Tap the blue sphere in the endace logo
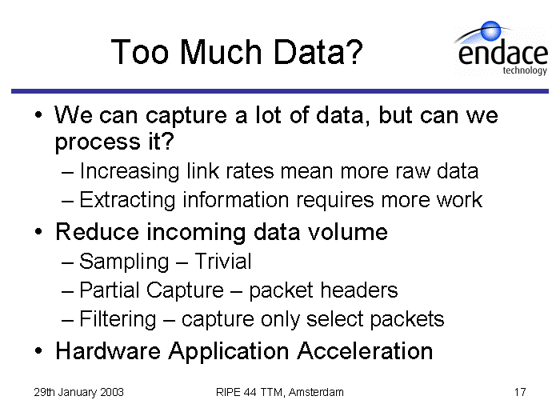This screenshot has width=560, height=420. point(490,30)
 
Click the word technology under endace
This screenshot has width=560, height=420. point(525,70)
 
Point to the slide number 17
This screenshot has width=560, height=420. point(520,392)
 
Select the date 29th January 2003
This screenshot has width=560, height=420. point(78,392)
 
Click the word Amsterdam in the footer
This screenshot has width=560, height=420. point(316,392)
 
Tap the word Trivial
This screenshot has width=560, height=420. point(223,261)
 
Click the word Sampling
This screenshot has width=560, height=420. point(124,262)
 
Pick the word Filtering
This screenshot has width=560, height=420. point(118,319)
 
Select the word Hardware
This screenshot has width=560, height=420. point(108,350)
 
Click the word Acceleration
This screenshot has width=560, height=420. point(365,350)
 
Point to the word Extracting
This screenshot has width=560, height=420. point(127,200)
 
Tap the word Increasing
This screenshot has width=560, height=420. point(130,172)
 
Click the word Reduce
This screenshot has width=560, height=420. point(97,232)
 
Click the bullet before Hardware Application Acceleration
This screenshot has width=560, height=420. point(38,351)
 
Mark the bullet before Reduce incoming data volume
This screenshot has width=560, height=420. point(38,232)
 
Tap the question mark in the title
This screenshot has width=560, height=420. point(355,52)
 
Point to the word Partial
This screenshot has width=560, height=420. point(110,290)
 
